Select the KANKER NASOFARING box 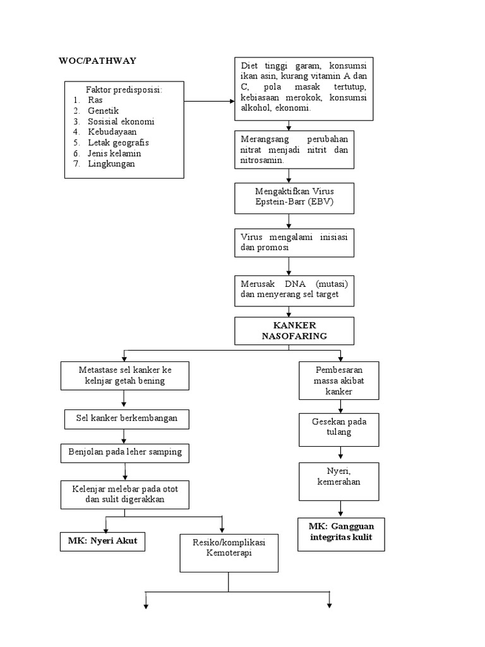tap(294, 330)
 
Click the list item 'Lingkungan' tap(111, 164)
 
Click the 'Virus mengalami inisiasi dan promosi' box tap(294, 243)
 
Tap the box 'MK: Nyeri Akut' tap(103, 541)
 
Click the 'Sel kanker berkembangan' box tap(125, 418)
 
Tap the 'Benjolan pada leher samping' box tap(125, 452)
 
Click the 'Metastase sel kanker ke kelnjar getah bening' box tap(125, 375)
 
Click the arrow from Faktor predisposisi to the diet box tap(208, 102)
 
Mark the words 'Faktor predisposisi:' tap(124, 90)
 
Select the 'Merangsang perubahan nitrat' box tap(294, 149)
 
